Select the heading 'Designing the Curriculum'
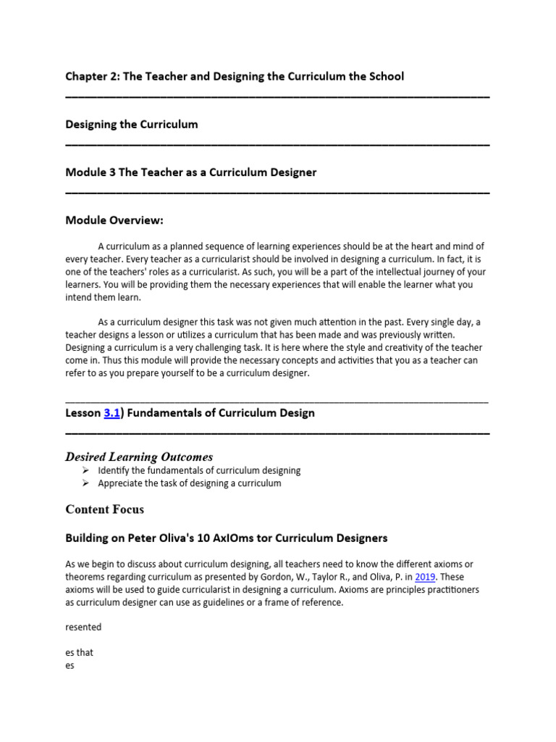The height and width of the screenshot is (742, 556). point(131,124)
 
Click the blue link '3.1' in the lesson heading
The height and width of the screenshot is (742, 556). point(111,413)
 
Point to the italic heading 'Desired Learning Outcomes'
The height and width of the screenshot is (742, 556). point(139,457)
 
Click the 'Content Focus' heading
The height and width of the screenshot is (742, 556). point(104,509)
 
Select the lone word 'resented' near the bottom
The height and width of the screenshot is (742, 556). point(83,627)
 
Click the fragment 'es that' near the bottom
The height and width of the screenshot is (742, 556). point(79,652)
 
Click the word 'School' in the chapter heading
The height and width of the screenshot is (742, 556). point(385,76)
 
